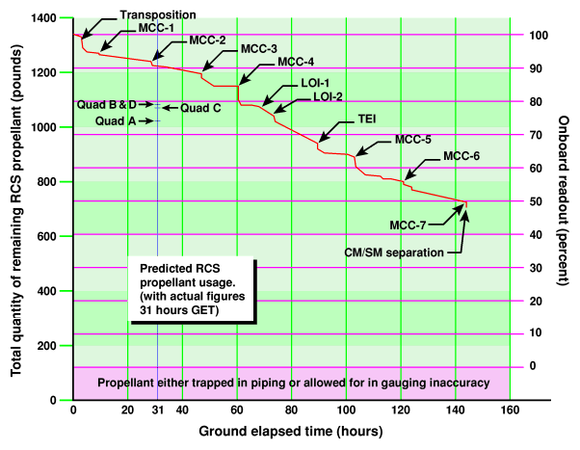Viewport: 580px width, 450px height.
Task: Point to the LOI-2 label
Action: (x=329, y=96)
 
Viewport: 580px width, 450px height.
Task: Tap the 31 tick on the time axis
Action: (x=157, y=410)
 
